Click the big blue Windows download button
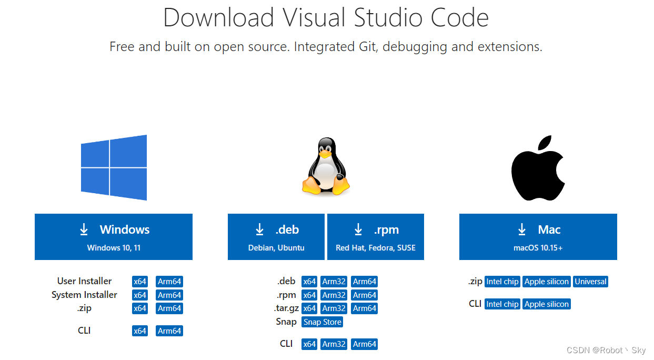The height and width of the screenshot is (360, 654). click(114, 236)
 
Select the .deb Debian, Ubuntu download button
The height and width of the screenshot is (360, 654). click(276, 236)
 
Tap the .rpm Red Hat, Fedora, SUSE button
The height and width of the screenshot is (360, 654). click(376, 236)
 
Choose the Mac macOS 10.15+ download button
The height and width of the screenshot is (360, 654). click(538, 236)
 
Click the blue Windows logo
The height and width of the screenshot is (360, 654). click(114, 167)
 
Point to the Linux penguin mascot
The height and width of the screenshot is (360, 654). click(326, 166)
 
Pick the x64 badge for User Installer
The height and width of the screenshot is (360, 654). click(140, 282)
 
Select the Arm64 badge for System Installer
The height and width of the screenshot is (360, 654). click(169, 295)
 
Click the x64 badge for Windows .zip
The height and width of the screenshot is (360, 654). click(140, 308)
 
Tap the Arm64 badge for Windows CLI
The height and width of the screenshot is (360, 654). click(169, 331)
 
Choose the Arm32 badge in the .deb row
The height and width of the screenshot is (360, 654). click(334, 282)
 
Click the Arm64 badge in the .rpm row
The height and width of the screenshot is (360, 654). click(365, 295)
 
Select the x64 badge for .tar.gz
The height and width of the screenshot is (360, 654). click(309, 308)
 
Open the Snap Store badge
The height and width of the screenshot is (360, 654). click(323, 322)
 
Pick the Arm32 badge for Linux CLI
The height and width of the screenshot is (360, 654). click(334, 344)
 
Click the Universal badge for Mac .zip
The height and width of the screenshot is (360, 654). click(591, 282)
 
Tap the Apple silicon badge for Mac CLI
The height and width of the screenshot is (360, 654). click(547, 304)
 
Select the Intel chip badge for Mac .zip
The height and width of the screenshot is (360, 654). click(502, 282)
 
